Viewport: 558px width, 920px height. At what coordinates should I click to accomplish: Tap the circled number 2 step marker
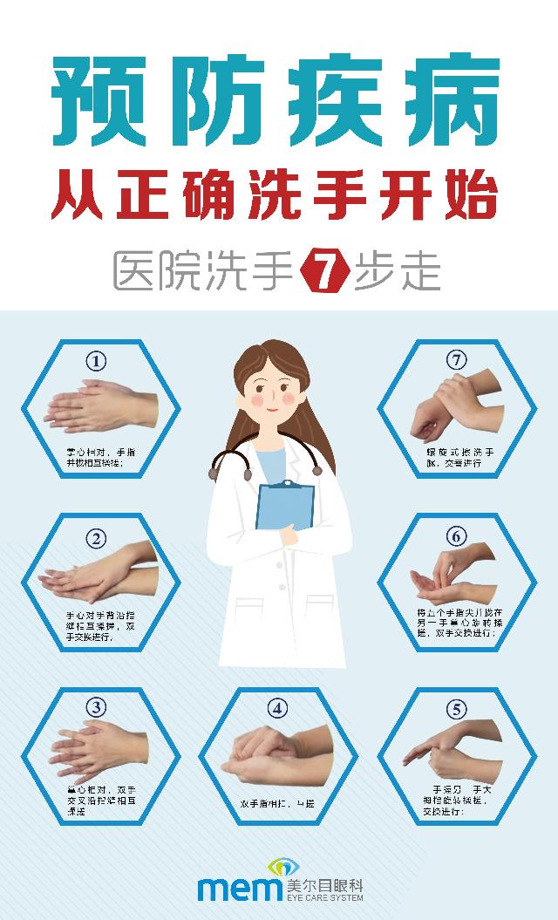98,536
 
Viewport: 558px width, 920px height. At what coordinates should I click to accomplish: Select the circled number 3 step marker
98,706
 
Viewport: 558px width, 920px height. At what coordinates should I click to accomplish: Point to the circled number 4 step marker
277,708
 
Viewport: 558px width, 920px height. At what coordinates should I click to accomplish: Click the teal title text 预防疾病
278,104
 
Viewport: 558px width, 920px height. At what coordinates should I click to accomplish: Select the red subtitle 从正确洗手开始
278,199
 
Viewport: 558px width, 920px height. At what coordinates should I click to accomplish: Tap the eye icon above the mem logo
281,867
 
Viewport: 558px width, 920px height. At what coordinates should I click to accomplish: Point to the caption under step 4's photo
277,802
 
